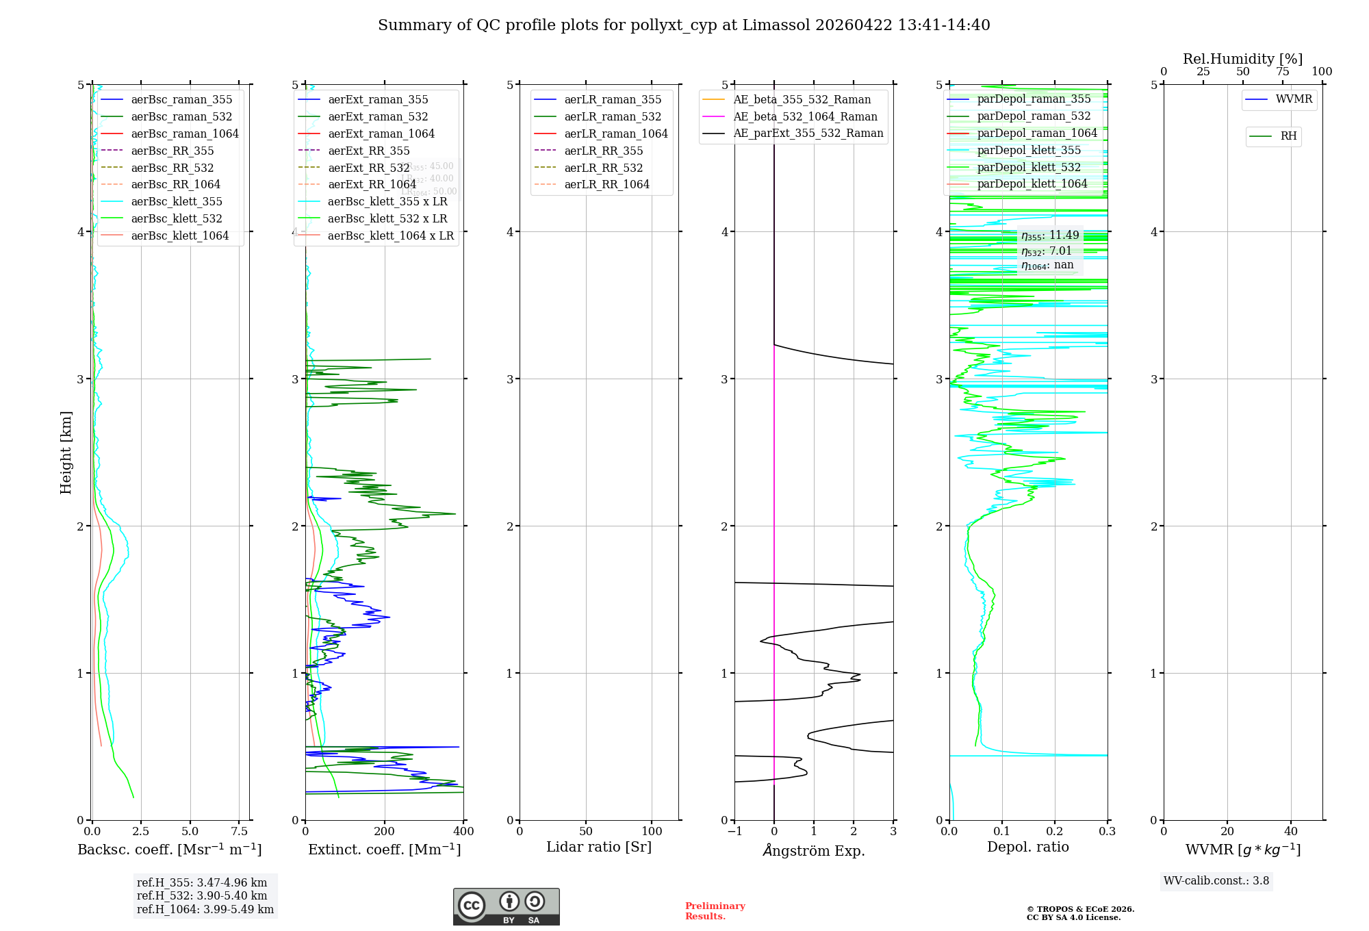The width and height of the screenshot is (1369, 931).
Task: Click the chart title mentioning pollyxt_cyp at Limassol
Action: pos(684,25)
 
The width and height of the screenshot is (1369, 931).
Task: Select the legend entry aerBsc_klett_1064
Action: pos(179,235)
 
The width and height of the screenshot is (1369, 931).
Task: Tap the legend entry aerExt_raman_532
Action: pos(378,117)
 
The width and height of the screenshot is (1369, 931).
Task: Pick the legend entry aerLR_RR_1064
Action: pos(606,184)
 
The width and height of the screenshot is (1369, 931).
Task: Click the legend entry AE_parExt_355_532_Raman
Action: pos(808,133)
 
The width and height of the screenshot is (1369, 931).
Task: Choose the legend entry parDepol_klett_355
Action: pos(1029,150)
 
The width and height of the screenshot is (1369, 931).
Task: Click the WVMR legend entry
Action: pos(1294,99)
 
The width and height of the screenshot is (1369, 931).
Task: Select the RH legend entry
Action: pos(1288,136)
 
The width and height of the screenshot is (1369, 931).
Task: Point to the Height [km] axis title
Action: pos(66,452)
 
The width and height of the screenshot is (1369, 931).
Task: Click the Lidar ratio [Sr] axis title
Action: pos(599,847)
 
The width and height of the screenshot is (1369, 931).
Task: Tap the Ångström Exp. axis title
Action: pos(814,850)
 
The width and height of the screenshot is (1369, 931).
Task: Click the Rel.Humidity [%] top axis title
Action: pos(1242,59)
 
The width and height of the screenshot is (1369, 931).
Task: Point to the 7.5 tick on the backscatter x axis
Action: pos(239,831)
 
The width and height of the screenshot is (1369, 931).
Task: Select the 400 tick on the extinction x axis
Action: pos(463,831)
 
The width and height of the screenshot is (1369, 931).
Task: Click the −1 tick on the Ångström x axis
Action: pos(734,831)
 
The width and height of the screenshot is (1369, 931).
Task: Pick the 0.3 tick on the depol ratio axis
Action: pos(1107,831)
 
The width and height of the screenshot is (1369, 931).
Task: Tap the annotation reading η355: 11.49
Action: pos(1050,235)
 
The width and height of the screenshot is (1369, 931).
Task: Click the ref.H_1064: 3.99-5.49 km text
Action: pos(205,909)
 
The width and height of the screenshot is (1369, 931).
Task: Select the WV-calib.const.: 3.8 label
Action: pos(1216,880)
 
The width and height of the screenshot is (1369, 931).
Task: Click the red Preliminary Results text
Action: pos(715,910)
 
